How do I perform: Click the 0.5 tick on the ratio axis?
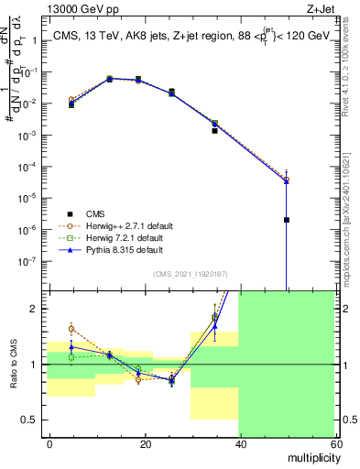click(35, 420)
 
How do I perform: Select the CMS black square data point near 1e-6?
click(287, 220)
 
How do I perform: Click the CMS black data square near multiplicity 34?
click(215, 131)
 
